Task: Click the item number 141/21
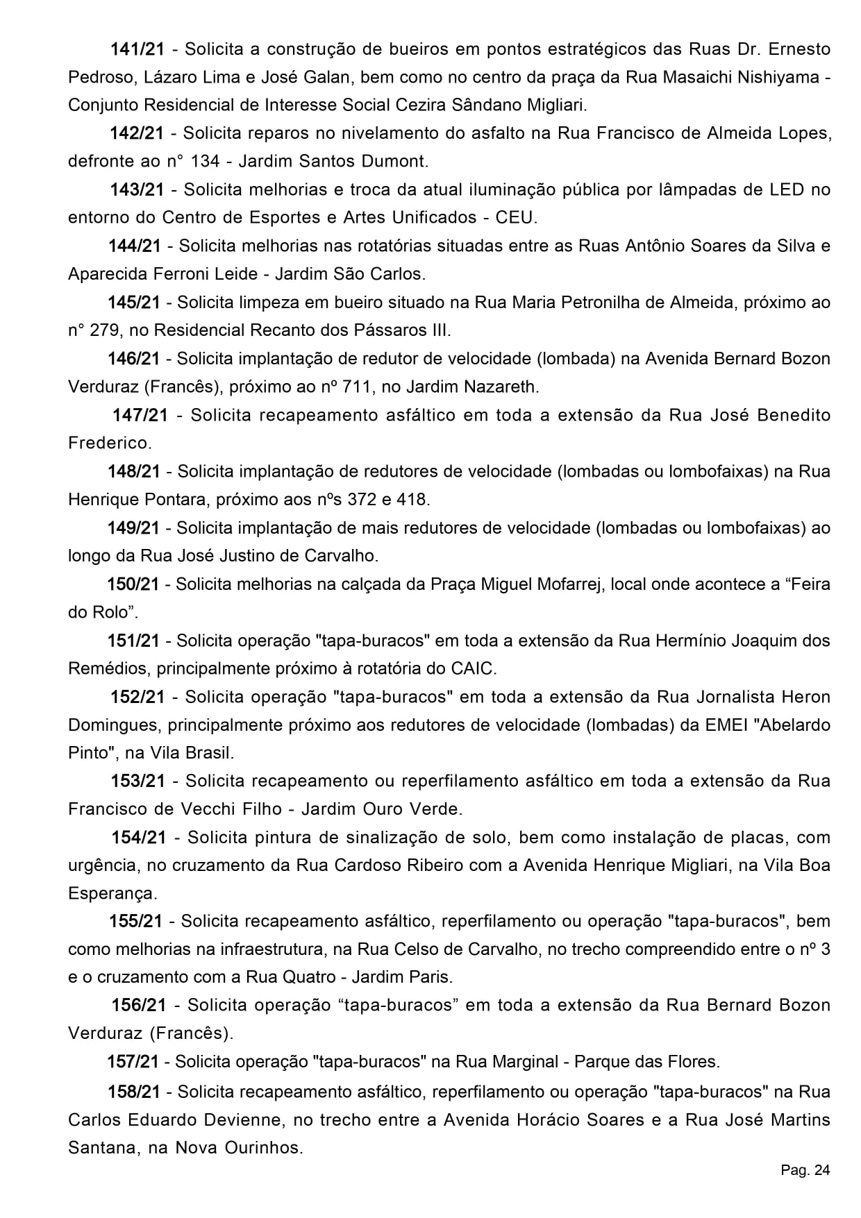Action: coord(137,49)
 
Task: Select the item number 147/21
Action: coord(140,415)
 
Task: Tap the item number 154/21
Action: coord(139,837)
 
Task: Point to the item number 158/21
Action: coord(134,1092)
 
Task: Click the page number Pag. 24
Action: coord(805,1171)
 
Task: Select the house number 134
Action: coord(204,161)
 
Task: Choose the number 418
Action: coord(415,498)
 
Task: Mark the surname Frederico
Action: coord(109,443)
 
